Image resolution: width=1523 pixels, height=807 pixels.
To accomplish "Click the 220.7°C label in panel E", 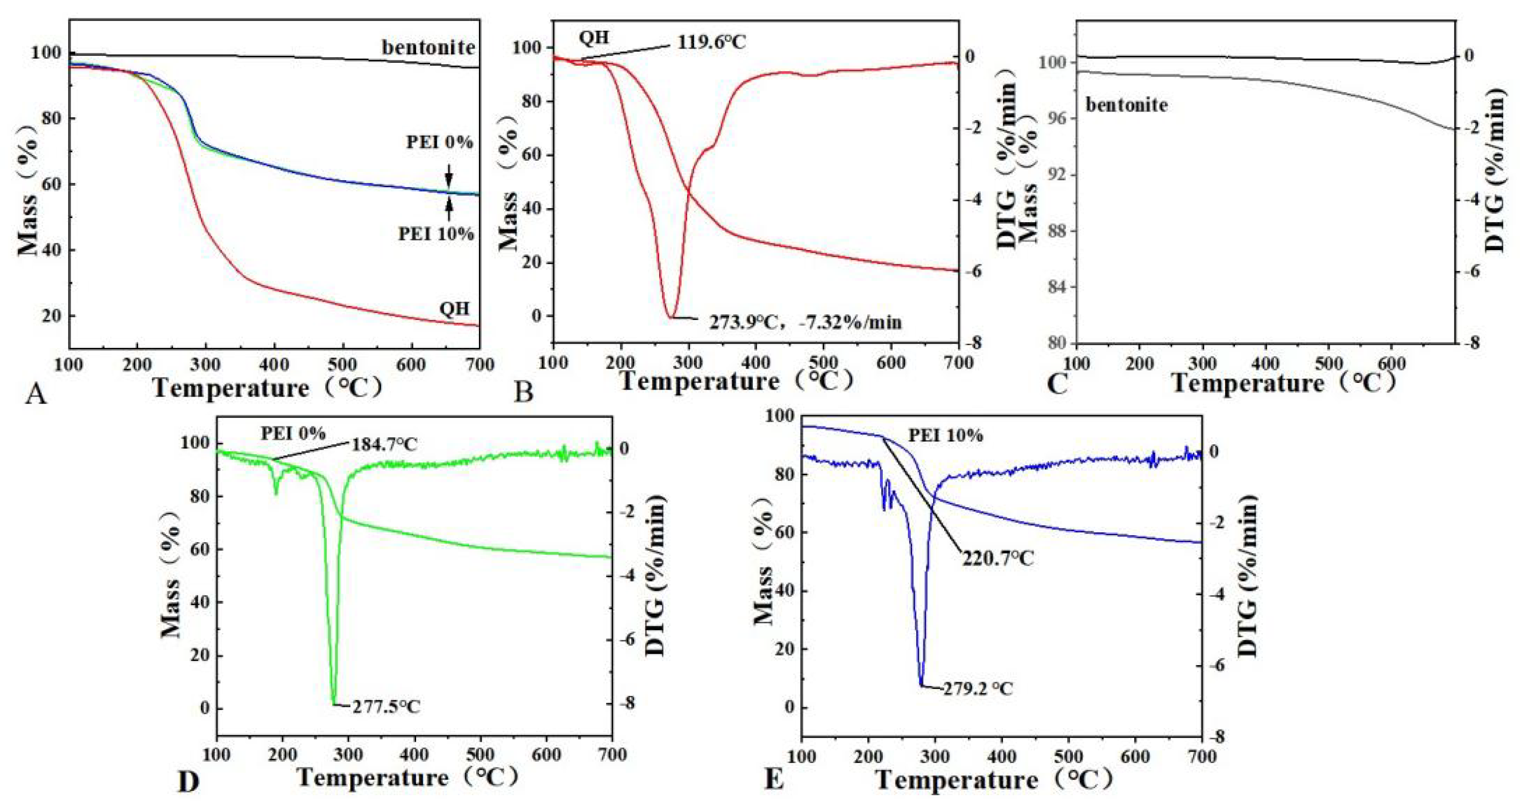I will [x=997, y=558].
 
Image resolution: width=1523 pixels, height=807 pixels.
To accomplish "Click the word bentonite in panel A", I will [x=428, y=47].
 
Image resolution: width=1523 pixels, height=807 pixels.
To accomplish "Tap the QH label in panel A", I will [x=454, y=309].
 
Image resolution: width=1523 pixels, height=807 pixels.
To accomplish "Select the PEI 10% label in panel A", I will [x=436, y=234].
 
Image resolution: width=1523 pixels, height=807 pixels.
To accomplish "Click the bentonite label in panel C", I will [x=1127, y=105].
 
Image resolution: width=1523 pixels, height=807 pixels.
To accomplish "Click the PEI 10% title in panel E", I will [x=945, y=436].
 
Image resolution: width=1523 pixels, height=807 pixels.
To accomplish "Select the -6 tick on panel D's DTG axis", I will [x=627, y=640].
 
